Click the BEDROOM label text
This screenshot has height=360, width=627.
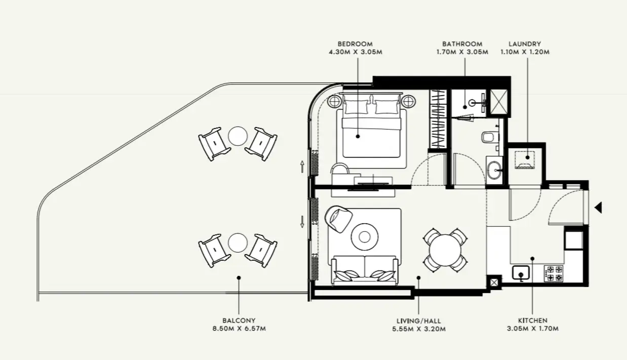[x=355, y=44]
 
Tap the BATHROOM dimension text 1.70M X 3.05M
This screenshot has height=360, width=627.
[x=462, y=52]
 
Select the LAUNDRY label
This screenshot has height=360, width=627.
[x=525, y=44]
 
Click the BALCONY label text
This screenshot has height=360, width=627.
[x=239, y=321]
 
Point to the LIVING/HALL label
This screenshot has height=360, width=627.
[x=419, y=321]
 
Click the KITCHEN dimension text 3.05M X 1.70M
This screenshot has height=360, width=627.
[x=533, y=329]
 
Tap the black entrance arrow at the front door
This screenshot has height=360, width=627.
[x=598, y=208]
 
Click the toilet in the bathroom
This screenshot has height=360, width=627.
[x=490, y=137]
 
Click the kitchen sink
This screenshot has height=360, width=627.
[x=521, y=273]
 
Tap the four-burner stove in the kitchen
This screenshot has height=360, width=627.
[x=554, y=273]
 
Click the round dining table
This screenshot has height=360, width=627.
[x=445, y=250]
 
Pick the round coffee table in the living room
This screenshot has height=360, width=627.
[x=365, y=237]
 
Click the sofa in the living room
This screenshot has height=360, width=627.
[x=365, y=270]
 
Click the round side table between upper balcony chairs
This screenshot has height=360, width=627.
[x=238, y=136]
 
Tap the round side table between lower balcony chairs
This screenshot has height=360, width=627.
[x=238, y=243]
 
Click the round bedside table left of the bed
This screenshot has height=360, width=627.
[x=334, y=102]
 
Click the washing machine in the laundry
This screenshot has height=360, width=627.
[x=525, y=161]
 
